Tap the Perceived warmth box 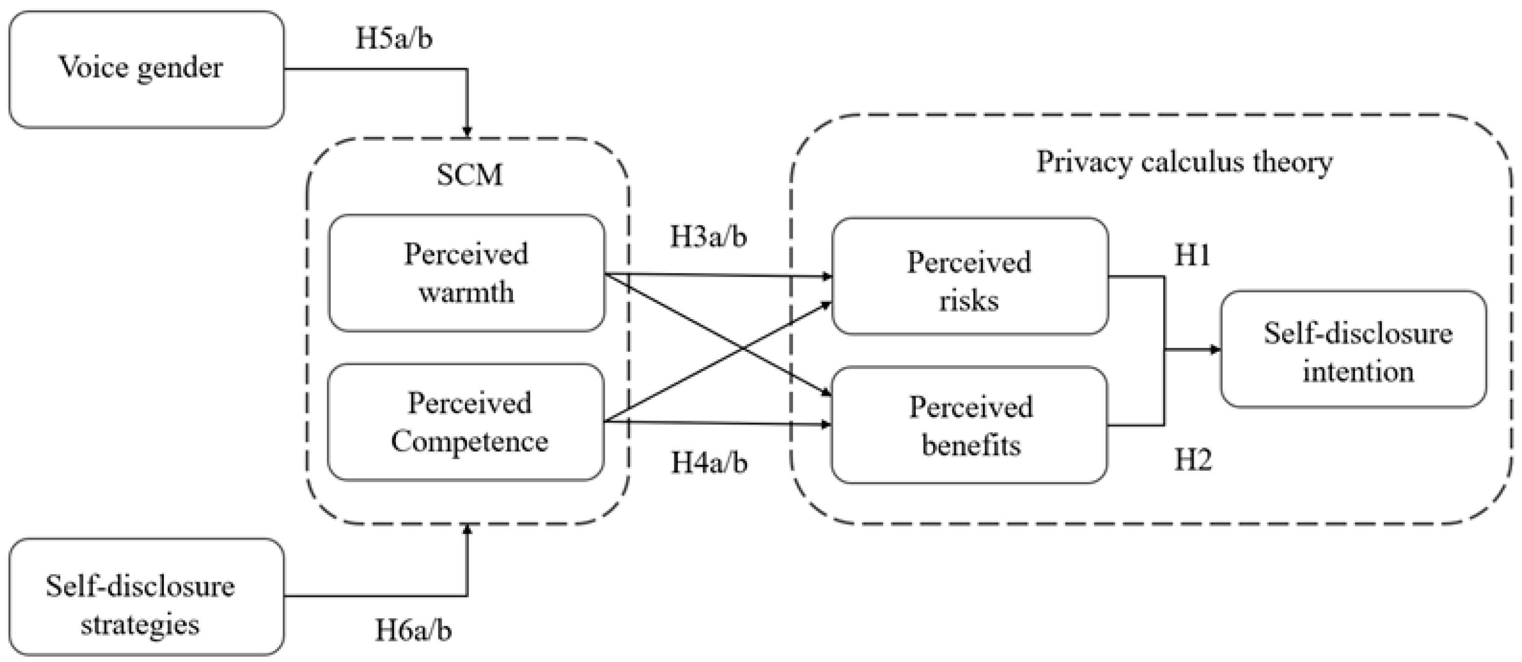click(x=466, y=273)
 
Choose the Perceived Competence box click(x=466, y=421)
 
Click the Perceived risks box click(x=970, y=276)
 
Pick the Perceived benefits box click(x=970, y=425)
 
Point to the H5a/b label click(x=393, y=39)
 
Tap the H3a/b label click(x=708, y=237)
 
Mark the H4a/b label click(x=709, y=462)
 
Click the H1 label click(x=1192, y=255)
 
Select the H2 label click(x=1192, y=460)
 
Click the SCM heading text click(x=469, y=175)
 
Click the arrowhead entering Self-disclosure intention click(x=1216, y=349)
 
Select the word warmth click(x=466, y=292)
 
